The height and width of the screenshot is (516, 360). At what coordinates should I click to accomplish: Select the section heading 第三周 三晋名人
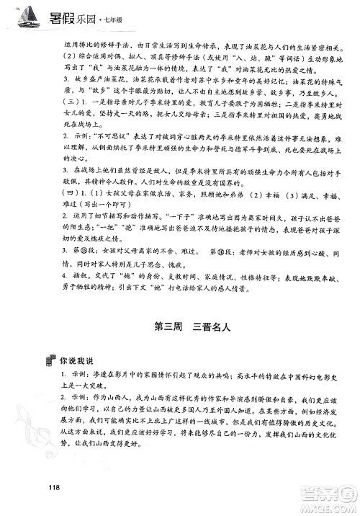click(191, 326)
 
